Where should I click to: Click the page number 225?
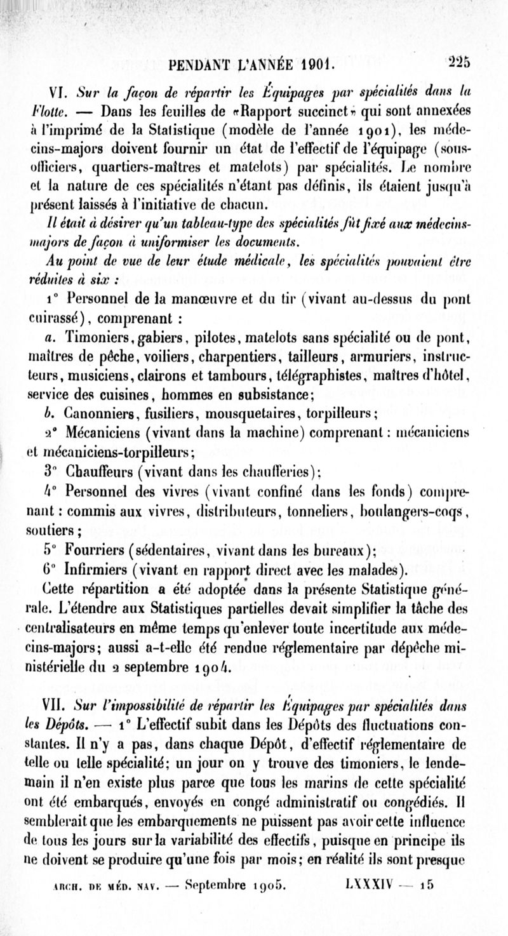(457, 62)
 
